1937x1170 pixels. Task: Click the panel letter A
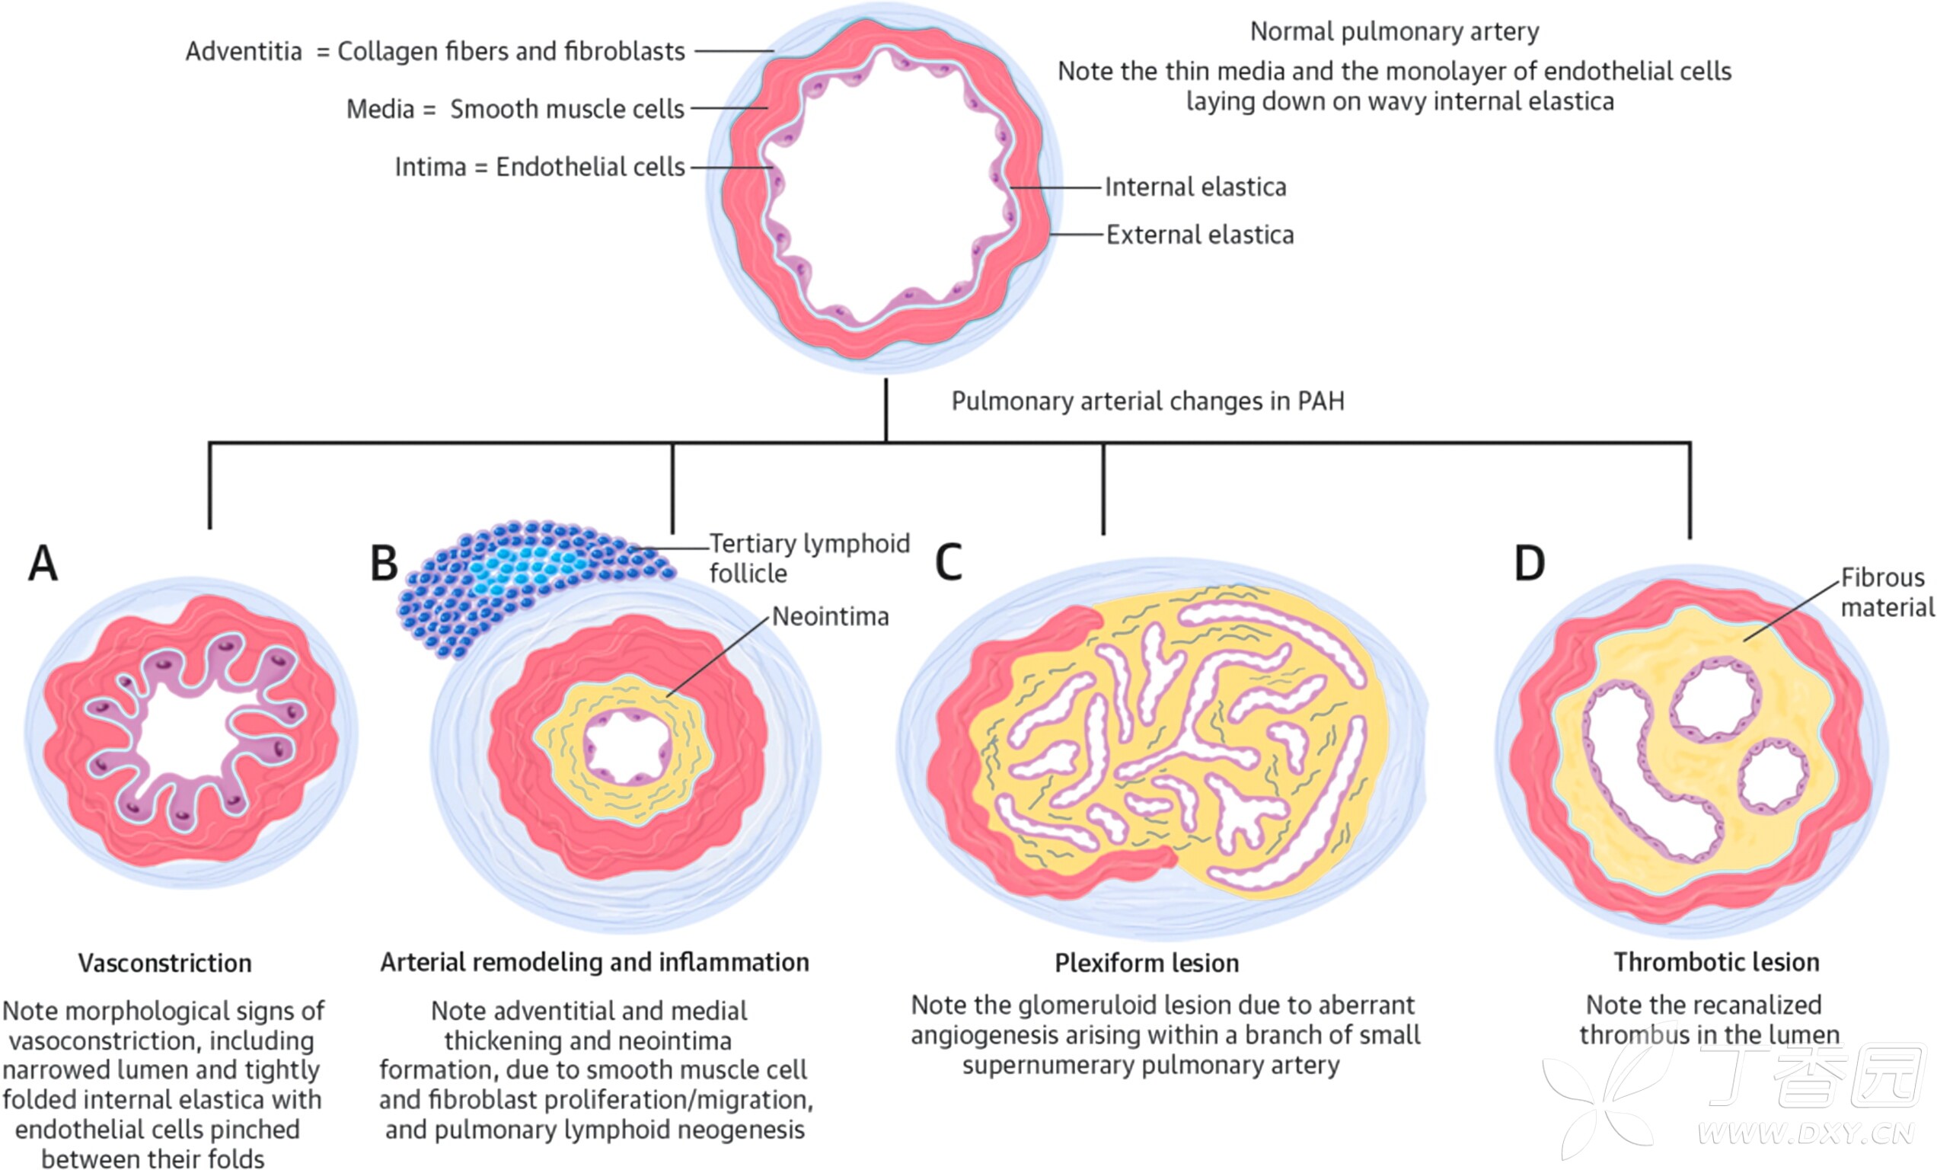coord(43,563)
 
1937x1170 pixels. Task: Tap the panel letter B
coord(385,563)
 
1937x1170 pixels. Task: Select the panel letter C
coord(949,563)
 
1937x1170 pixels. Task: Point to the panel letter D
coord(1530,563)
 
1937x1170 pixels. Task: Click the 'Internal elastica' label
coord(1195,187)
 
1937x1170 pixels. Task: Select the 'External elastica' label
coord(1200,235)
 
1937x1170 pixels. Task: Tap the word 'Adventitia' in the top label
coord(244,52)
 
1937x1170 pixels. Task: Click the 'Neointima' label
coord(830,616)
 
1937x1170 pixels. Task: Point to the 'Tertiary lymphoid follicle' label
coord(809,558)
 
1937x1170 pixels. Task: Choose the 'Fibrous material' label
coord(1888,592)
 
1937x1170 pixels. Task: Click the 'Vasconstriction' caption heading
coord(165,964)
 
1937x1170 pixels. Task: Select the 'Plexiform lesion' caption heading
coord(1147,964)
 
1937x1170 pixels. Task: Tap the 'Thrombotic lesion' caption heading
coord(1717,962)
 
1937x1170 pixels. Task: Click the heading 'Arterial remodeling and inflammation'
coord(595,962)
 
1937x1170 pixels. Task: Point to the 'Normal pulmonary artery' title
coord(1395,31)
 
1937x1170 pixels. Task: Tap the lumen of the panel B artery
coord(627,747)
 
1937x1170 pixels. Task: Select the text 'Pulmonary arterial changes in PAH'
coord(1147,401)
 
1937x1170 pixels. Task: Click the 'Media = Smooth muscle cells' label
coord(515,109)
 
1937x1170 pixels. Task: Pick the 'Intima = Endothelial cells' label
coord(540,168)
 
